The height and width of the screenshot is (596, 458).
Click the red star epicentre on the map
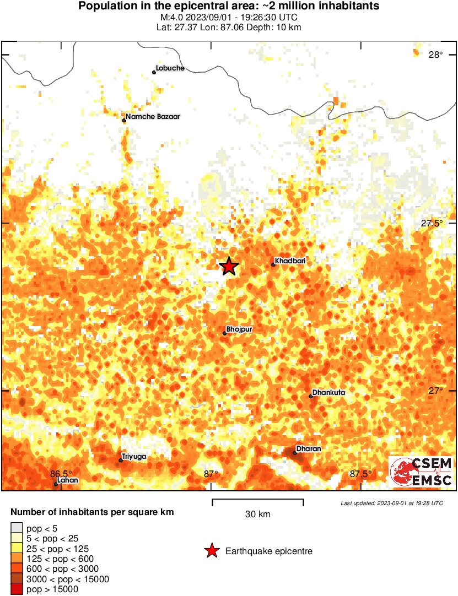pos(229,267)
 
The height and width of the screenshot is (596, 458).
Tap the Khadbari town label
pos(290,260)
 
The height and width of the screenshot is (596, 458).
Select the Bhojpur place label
pos(239,329)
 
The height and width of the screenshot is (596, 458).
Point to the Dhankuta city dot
pos(311,396)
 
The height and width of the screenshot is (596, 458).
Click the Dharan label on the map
pos(309,449)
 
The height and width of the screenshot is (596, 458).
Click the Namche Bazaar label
pos(153,117)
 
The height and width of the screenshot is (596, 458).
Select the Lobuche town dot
pos(154,72)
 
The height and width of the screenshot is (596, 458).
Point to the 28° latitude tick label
pos(435,55)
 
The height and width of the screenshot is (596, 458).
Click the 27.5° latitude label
pos(432,224)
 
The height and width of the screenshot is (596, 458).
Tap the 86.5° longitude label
pos(61,474)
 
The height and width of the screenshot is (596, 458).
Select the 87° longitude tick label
pos(211,474)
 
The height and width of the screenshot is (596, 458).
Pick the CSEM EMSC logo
pos(422,472)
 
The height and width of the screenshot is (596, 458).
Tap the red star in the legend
pos(211,551)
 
